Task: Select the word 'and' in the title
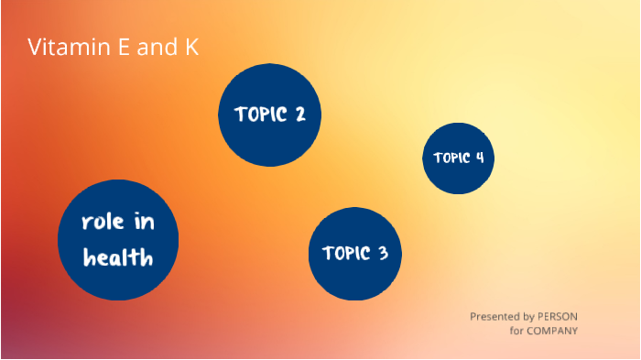pos(155,47)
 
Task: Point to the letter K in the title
pos(190,47)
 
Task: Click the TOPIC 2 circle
pos(269,115)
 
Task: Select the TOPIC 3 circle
pos(354,253)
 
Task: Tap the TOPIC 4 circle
pos(459,158)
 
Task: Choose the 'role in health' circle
pos(118,240)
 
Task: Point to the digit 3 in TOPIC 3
pos(383,254)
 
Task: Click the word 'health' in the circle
pos(118,258)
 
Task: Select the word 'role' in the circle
pos(103,223)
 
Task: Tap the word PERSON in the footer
pos(557,316)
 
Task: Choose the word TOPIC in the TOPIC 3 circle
pos(344,254)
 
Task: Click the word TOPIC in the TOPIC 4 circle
pos(451,158)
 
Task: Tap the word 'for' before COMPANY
pos(516,331)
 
